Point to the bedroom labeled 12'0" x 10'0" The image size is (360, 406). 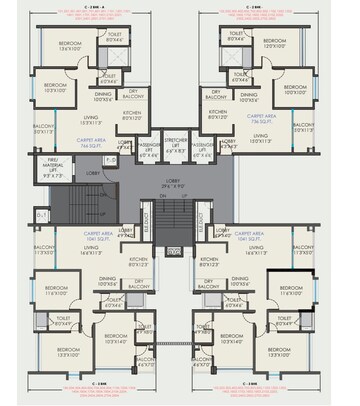pos(283,46)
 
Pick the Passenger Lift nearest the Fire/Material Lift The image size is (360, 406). pos(147,151)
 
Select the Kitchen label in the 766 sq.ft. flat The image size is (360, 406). pos(131,113)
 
